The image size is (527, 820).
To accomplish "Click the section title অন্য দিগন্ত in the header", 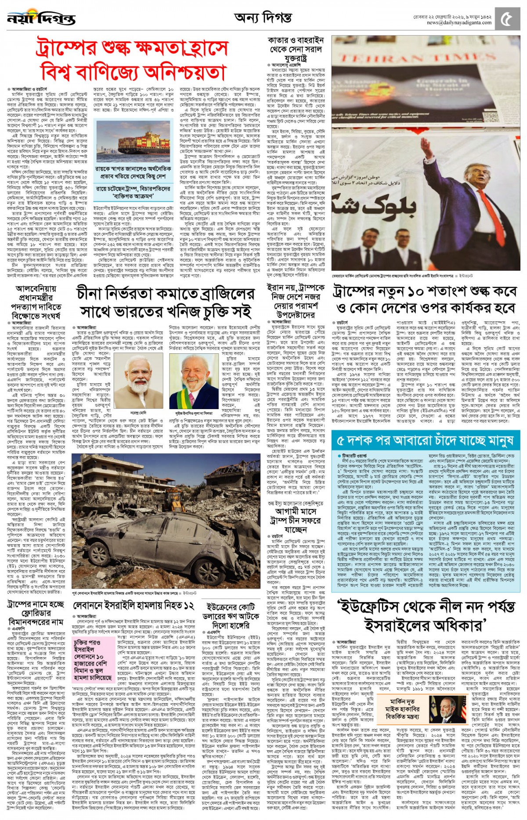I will pyautogui.click(x=263, y=18).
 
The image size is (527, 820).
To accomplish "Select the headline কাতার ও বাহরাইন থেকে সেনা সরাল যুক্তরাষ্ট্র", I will pyautogui.click(x=296, y=49).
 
